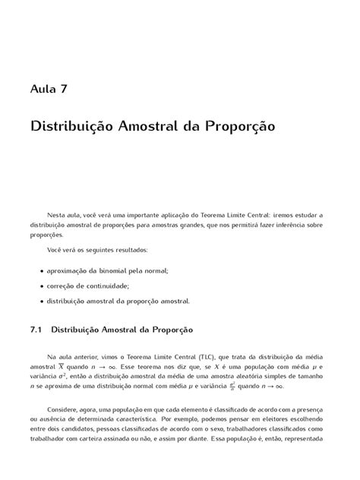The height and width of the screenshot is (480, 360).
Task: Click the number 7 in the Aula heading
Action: pos(64,89)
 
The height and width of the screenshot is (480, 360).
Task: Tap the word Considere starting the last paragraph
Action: pos(65,417)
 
